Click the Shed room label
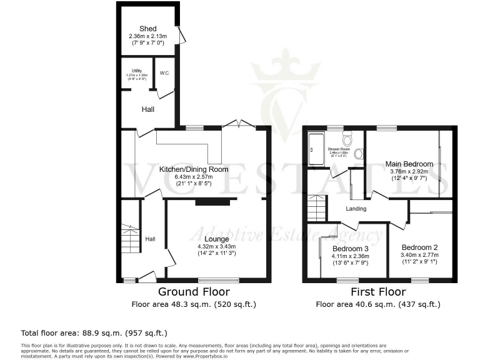tap(148, 29)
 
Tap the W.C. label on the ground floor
tap(164, 73)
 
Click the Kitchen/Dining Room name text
tap(193, 169)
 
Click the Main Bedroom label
tap(409, 164)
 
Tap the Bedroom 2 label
tap(419, 247)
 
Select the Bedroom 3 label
tap(349, 249)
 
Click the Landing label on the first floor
tap(356, 209)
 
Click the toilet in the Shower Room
tap(347, 139)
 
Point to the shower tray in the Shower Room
tap(316, 149)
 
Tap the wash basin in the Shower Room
tap(359, 154)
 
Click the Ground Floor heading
tap(193, 292)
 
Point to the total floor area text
tap(94, 333)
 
